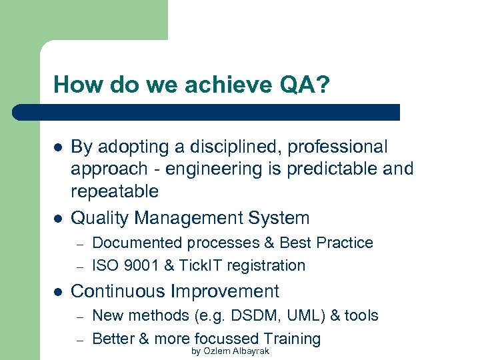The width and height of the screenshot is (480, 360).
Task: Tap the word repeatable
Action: click(x=114, y=192)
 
